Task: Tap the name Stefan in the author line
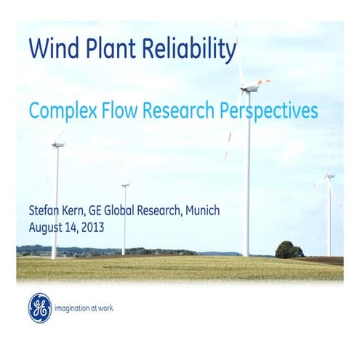pos(45,211)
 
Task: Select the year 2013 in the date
pos(92,227)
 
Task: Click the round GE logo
pos(40,308)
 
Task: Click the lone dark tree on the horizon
pos(289,249)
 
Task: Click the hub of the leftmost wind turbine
pos(57,144)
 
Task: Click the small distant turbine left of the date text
pos(125,185)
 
